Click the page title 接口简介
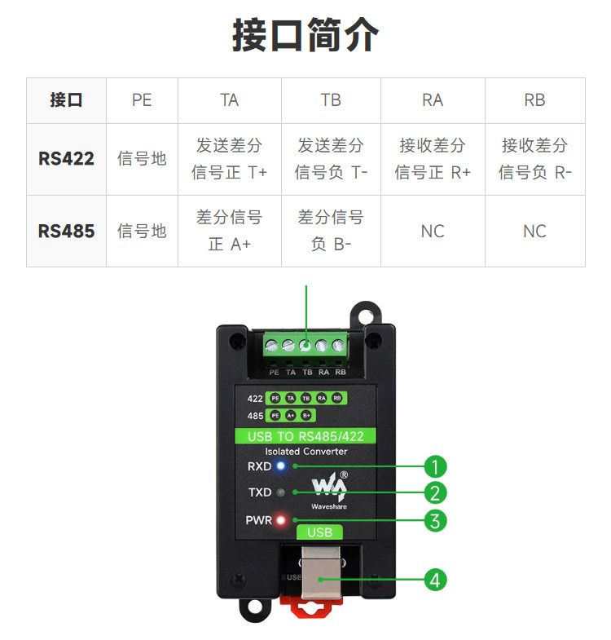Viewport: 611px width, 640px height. coord(305,37)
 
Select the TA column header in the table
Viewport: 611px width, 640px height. coord(230,100)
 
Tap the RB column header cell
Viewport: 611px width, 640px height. coord(534,100)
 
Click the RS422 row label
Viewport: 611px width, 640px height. coord(66,158)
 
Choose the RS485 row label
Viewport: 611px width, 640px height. coord(66,231)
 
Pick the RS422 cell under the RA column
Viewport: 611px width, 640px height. coord(433,158)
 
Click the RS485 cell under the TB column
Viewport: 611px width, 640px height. coord(331,231)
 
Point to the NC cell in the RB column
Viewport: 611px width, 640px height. coord(534,231)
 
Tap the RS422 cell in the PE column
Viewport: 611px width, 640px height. coord(142,158)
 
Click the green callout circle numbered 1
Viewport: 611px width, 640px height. coord(436,466)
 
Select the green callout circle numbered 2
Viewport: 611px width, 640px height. coord(436,492)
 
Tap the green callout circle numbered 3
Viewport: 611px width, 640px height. coord(436,520)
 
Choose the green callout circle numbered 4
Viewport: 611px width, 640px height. coord(436,580)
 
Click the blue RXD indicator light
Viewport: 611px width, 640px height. coord(282,466)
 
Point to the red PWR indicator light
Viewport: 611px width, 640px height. coord(282,520)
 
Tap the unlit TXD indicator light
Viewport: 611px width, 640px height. coord(282,492)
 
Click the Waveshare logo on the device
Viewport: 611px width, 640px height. coord(330,489)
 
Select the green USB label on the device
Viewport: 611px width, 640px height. coord(320,532)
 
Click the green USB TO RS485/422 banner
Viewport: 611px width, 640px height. coord(305,436)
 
